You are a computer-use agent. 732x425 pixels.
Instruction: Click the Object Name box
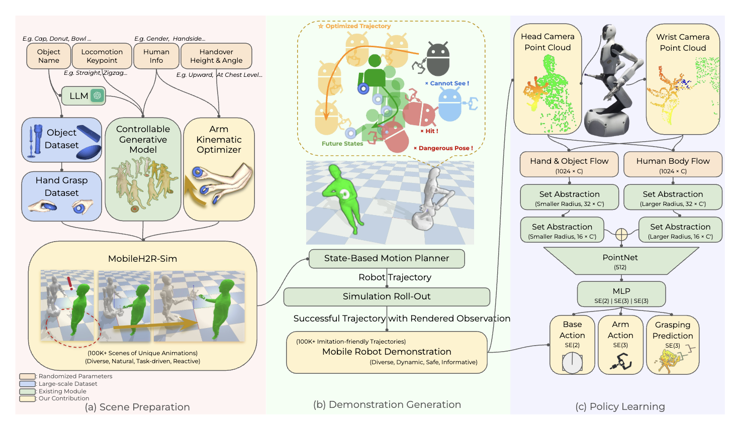point(49,56)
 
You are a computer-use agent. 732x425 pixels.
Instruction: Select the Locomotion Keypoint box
point(102,56)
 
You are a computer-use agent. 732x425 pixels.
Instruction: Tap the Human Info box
point(156,56)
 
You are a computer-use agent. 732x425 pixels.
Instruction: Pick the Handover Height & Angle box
point(216,56)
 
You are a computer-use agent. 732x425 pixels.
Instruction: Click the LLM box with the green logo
point(83,95)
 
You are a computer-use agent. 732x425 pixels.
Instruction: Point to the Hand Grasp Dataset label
point(61,186)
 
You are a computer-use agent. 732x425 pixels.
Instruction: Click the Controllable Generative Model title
point(143,139)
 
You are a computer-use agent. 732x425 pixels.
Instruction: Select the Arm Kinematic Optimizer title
point(219,139)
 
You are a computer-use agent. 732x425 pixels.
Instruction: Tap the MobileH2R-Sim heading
point(143,259)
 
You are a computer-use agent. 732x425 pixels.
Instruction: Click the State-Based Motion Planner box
point(386,258)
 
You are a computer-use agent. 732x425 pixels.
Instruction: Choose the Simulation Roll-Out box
point(387,296)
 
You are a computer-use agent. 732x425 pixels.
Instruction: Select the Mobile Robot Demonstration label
point(387,352)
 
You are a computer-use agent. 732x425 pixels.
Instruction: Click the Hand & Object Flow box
point(569,165)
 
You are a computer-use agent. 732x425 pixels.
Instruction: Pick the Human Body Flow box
point(673,165)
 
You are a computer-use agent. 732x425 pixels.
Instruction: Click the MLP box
point(621,294)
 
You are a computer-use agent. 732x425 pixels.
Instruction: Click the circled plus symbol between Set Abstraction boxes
point(621,234)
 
